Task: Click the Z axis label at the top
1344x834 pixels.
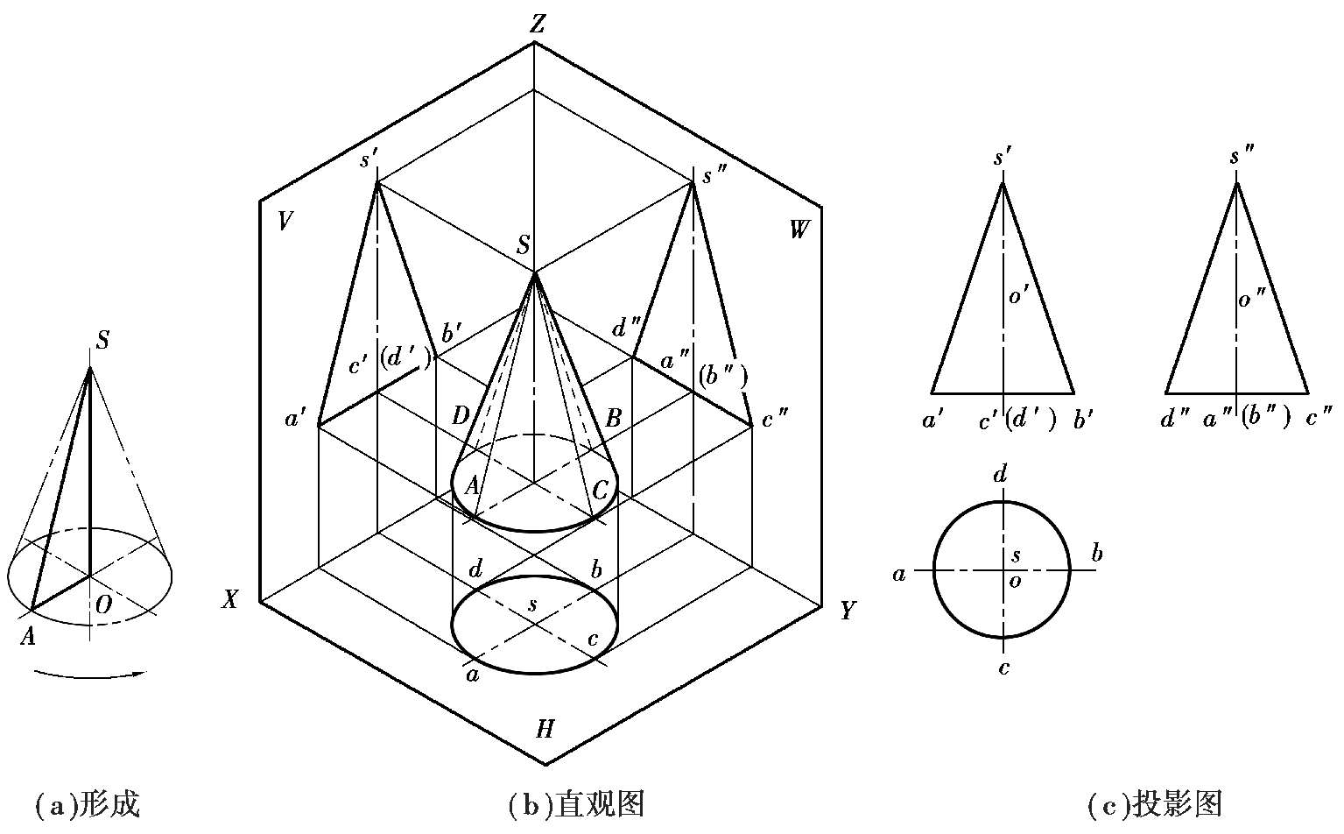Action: pyautogui.click(x=537, y=24)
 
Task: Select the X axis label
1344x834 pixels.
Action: pyautogui.click(x=230, y=598)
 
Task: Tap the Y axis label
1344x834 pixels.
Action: pyautogui.click(x=848, y=611)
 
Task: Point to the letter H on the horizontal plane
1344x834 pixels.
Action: pyautogui.click(x=545, y=730)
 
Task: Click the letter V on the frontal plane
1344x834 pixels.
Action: pyautogui.click(x=285, y=221)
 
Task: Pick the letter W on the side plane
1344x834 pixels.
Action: pyautogui.click(x=799, y=230)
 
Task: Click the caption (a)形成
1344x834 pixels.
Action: pyautogui.click(x=88, y=804)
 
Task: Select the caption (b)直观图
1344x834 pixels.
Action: pyautogui.click(x=576, y=804)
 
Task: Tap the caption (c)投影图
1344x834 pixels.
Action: pyautogui.click(x=1155, y=804)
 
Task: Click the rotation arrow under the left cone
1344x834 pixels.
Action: pyautogui.click(x=90, y=676)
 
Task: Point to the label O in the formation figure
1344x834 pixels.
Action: pyautogui.click(x=103, y=605)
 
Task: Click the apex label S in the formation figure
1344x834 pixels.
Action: pyautogui.click(x=102, y=341)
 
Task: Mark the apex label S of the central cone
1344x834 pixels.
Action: pyautogui.click(x=524, y=245)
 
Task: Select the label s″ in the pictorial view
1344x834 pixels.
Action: pyautogui.click(x=714, y=175)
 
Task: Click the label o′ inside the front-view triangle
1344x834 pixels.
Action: pyautogui.click(x=1019, y=295)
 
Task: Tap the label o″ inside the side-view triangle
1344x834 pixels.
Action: pyautogui.click(x=1252, y=297)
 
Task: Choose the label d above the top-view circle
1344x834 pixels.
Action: pyautogui.click(x=1000, y=475)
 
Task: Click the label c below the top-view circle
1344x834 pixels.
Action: pyautogui.click(x=1003, y=668)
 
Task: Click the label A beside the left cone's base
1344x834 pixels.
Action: pyautogui.click(x=28, y=636)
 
